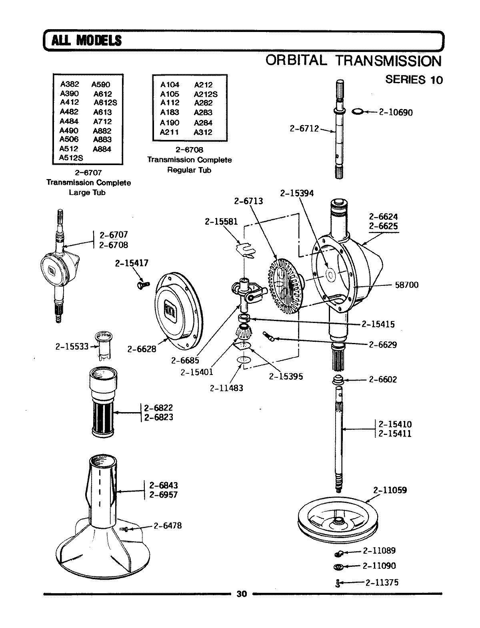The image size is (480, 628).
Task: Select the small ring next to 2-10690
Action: pos(358,112)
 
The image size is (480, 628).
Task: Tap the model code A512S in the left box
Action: pos(71,158)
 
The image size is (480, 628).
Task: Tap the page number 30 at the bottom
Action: pos(241,594)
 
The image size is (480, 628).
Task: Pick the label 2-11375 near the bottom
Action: pos(381,582)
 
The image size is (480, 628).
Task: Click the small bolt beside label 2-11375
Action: pos(338,583)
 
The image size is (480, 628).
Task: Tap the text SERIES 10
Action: pos(414,80)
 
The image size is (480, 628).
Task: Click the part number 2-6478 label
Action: pos(167,526)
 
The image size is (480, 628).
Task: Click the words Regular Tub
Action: pos(189,170)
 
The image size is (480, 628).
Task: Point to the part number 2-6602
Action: pos(382,379)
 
